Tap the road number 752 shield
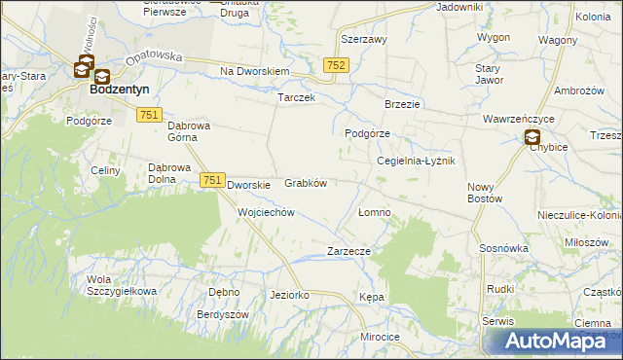[336, 64]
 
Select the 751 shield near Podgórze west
[149, 115]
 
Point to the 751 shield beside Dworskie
[213, 180]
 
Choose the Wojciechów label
[266, 211]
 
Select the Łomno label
[374, 212]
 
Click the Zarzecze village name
[349, 250]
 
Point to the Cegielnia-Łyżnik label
[416, 161]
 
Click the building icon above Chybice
[532, 138]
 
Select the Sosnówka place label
[503, 248]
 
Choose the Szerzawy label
[364, 40]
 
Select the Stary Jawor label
[487, 74]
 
